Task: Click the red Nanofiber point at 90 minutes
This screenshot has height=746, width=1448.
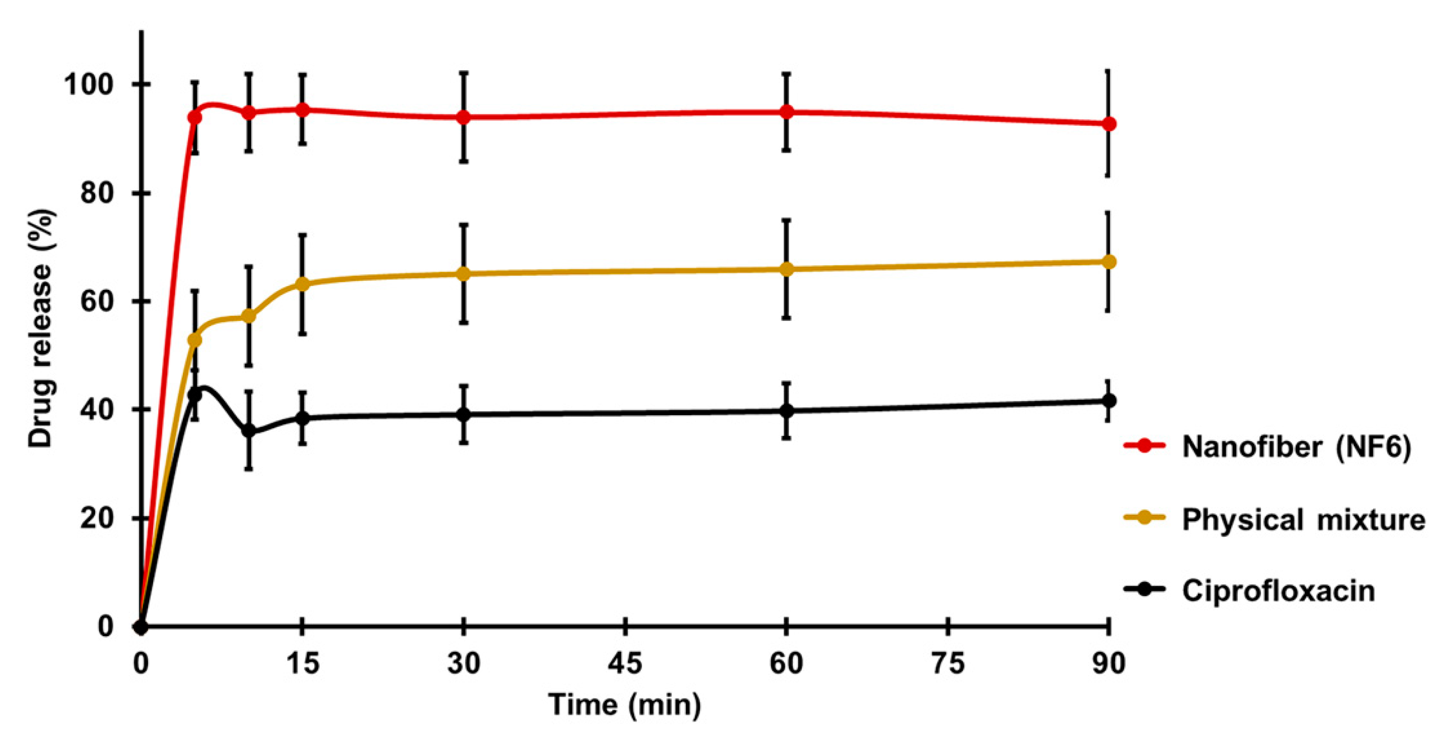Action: [x=1109, y=124]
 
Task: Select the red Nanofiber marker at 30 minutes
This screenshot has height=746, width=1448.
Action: [x=464, y=117]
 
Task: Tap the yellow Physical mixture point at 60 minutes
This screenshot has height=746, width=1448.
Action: [x=786, y=269]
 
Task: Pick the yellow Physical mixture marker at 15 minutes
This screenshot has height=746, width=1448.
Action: [x=303, y=284]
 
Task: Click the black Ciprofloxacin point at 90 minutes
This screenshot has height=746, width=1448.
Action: [x=1109, y=401]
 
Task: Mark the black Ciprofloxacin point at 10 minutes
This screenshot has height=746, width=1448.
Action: [x=248, y=431]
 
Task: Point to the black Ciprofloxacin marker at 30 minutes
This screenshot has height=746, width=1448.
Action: [x=464, y=415]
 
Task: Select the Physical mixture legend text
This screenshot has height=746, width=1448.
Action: [x=1303, y=519]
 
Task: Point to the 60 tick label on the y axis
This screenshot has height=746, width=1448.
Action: [x=97, y=301]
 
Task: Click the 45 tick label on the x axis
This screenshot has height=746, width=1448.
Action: [x=625, y=664]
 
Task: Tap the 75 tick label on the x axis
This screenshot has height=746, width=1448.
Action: [x=948, y=664]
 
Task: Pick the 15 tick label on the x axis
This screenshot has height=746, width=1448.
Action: [x=303, y=664]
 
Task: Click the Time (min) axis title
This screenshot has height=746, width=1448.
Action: [x=625, y=705]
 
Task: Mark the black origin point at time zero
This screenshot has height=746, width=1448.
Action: [x=141, y=626]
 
